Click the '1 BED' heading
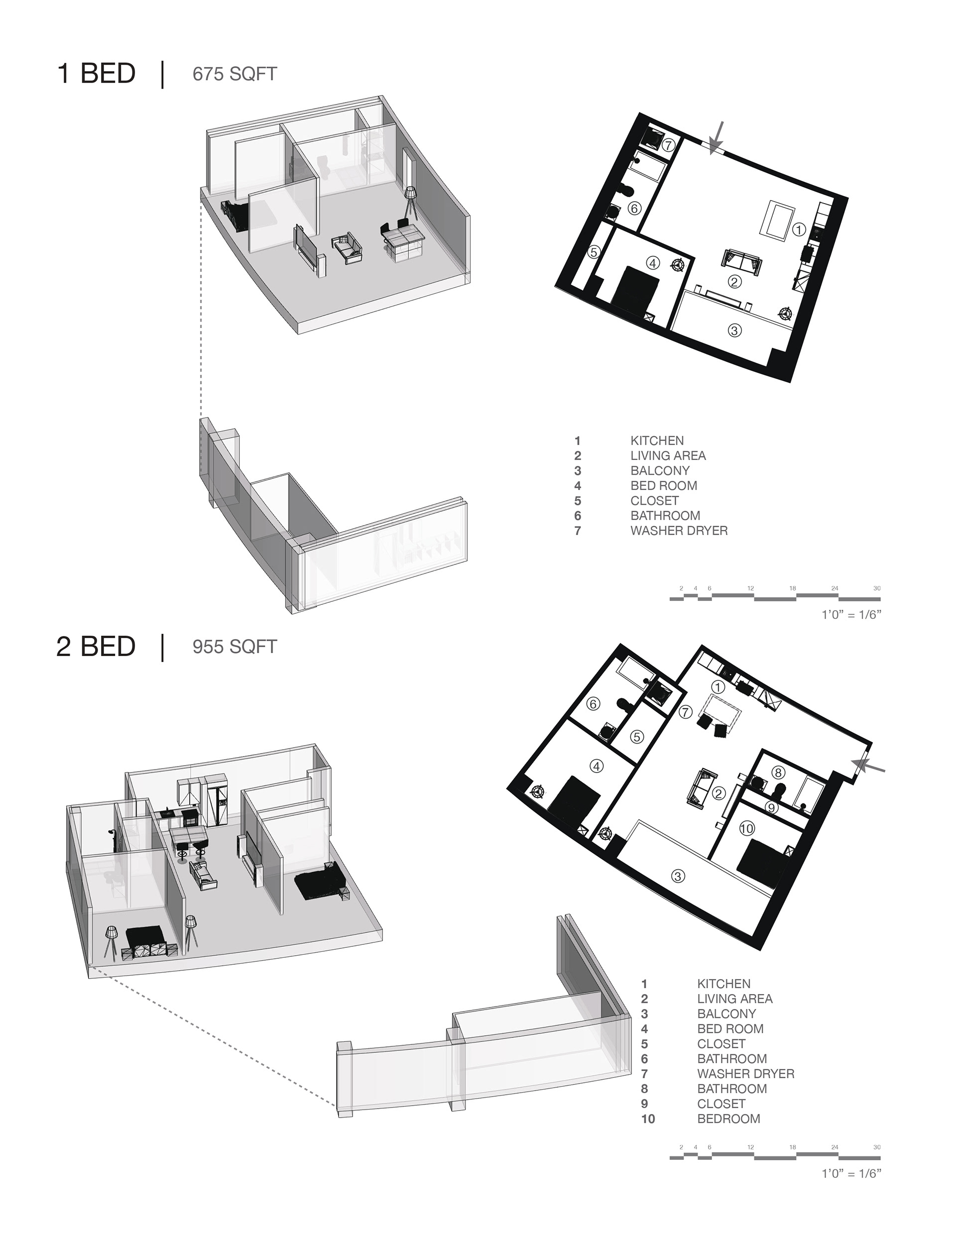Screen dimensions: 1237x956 pyautogui.click(x=96, y=74)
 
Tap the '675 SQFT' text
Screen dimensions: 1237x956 pyautogui.click(x=235, y=74)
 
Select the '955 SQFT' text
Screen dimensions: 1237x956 pyautogui.click(x=235, y=647)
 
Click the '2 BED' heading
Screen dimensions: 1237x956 pyautogui.click(x=96, y=647)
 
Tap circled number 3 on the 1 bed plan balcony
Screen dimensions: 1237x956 pyautogui.click(x=734, y=330)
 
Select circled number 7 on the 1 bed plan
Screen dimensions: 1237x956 pyautogui.click(x=668, y=145)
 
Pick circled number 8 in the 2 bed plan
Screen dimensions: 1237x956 pyautogui.click(x=778, y=773)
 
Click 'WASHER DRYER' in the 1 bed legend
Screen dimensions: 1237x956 pyautogui.click(x=679, y=531)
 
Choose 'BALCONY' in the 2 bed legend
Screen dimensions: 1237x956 pyautogui.click(x=726, y=1014)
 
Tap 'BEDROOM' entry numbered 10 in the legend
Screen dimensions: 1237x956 pyautogui.click(x=729, y=1119)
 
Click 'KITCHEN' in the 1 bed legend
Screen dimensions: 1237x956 pyautogui.click(x=657, y=441)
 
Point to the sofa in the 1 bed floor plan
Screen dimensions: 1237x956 pyautogui.click(x=741, y=262)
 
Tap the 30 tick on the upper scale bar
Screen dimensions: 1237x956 pyautogui.click(x=877, y=589)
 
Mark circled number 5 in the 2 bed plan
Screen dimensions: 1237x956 pyautogui.click(x=637, y=737)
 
